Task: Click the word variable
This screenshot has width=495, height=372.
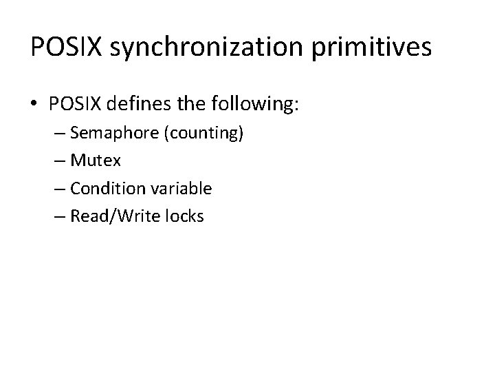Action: [x=181, y=188]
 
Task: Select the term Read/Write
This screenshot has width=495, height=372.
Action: [x=113, y=216]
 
